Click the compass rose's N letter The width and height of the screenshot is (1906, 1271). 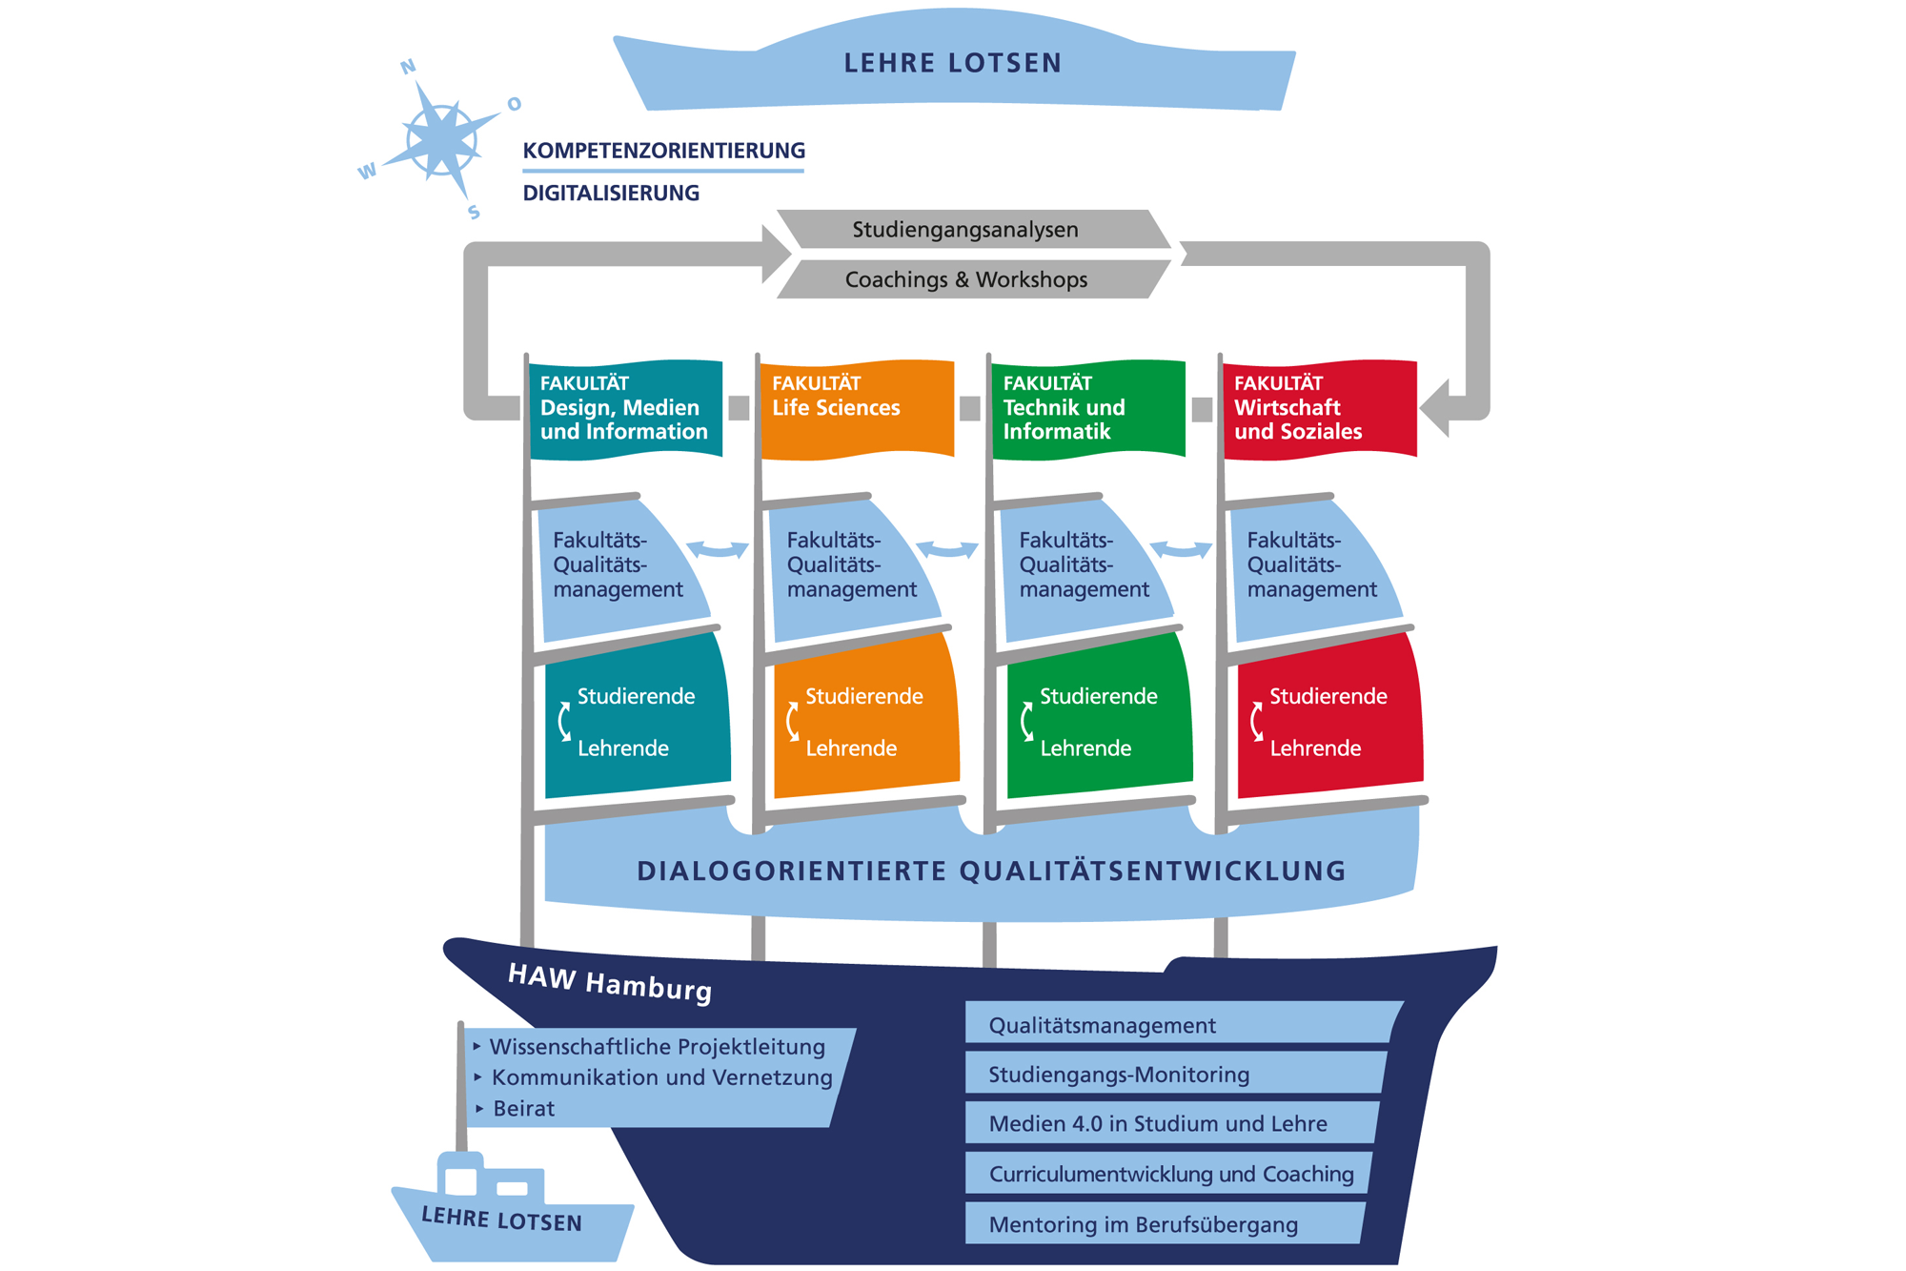(x=408, y=67)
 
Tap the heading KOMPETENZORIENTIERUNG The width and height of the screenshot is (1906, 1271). (x=663, y=151)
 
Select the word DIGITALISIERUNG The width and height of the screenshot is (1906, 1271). (x=611, y=194)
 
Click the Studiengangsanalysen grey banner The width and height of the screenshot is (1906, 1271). (x=964, y=230)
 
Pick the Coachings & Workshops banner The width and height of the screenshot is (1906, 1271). (x=965, y=279)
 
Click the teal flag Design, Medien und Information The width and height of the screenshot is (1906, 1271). (x=624, y=408)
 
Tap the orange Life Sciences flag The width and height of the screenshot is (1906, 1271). (x=856, y=408)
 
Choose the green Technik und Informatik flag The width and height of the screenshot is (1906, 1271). (x=1087, y=408)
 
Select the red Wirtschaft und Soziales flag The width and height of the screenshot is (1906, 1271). (x=1319, y=408)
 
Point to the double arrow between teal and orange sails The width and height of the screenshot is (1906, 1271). (x=718, y=549)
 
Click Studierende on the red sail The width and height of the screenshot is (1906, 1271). (x=1328, y=697)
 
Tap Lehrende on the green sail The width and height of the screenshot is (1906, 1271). (x=1085, y=748)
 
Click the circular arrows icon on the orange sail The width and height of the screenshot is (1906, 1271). (x=792, y=722)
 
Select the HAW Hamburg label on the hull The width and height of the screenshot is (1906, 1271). (x=610, y=982)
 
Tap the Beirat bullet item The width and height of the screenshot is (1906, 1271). (x=523, y=1109)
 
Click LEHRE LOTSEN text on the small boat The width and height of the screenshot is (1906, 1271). (x=501, y=1220)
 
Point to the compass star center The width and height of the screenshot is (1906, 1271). (x=441, y=140)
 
